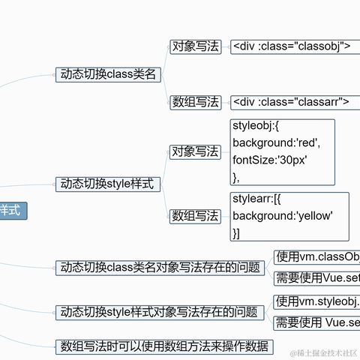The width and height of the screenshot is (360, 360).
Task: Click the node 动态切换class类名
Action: pyautogui.click(x=109, y=74)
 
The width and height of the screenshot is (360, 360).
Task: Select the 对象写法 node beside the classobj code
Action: pyautogui.click(x=196, y=46)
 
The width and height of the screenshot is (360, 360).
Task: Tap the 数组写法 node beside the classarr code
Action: pyautogui.click(x=196, y=102)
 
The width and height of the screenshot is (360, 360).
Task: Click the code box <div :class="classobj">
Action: pyautogui.click(x=291, y=46)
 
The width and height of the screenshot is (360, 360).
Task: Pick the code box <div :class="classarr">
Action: pyautogui.click(x=291, y=102)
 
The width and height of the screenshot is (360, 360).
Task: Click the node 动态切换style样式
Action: pyautogui.click(x=109, y=184)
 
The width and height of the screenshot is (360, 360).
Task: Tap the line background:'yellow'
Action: pyautogui.click(x=282, y=216)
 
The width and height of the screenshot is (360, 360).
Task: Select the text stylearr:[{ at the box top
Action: pyautogui.click(x=256, y=199)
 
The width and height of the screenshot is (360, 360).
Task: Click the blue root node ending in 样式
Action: pyautogui.click(x=12, y=211)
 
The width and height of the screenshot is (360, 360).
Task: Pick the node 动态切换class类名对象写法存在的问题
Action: pyautogui.click(x=160, y=268)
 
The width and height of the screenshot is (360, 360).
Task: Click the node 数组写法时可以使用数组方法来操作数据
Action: pyautogui.click(x=165, y=346)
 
